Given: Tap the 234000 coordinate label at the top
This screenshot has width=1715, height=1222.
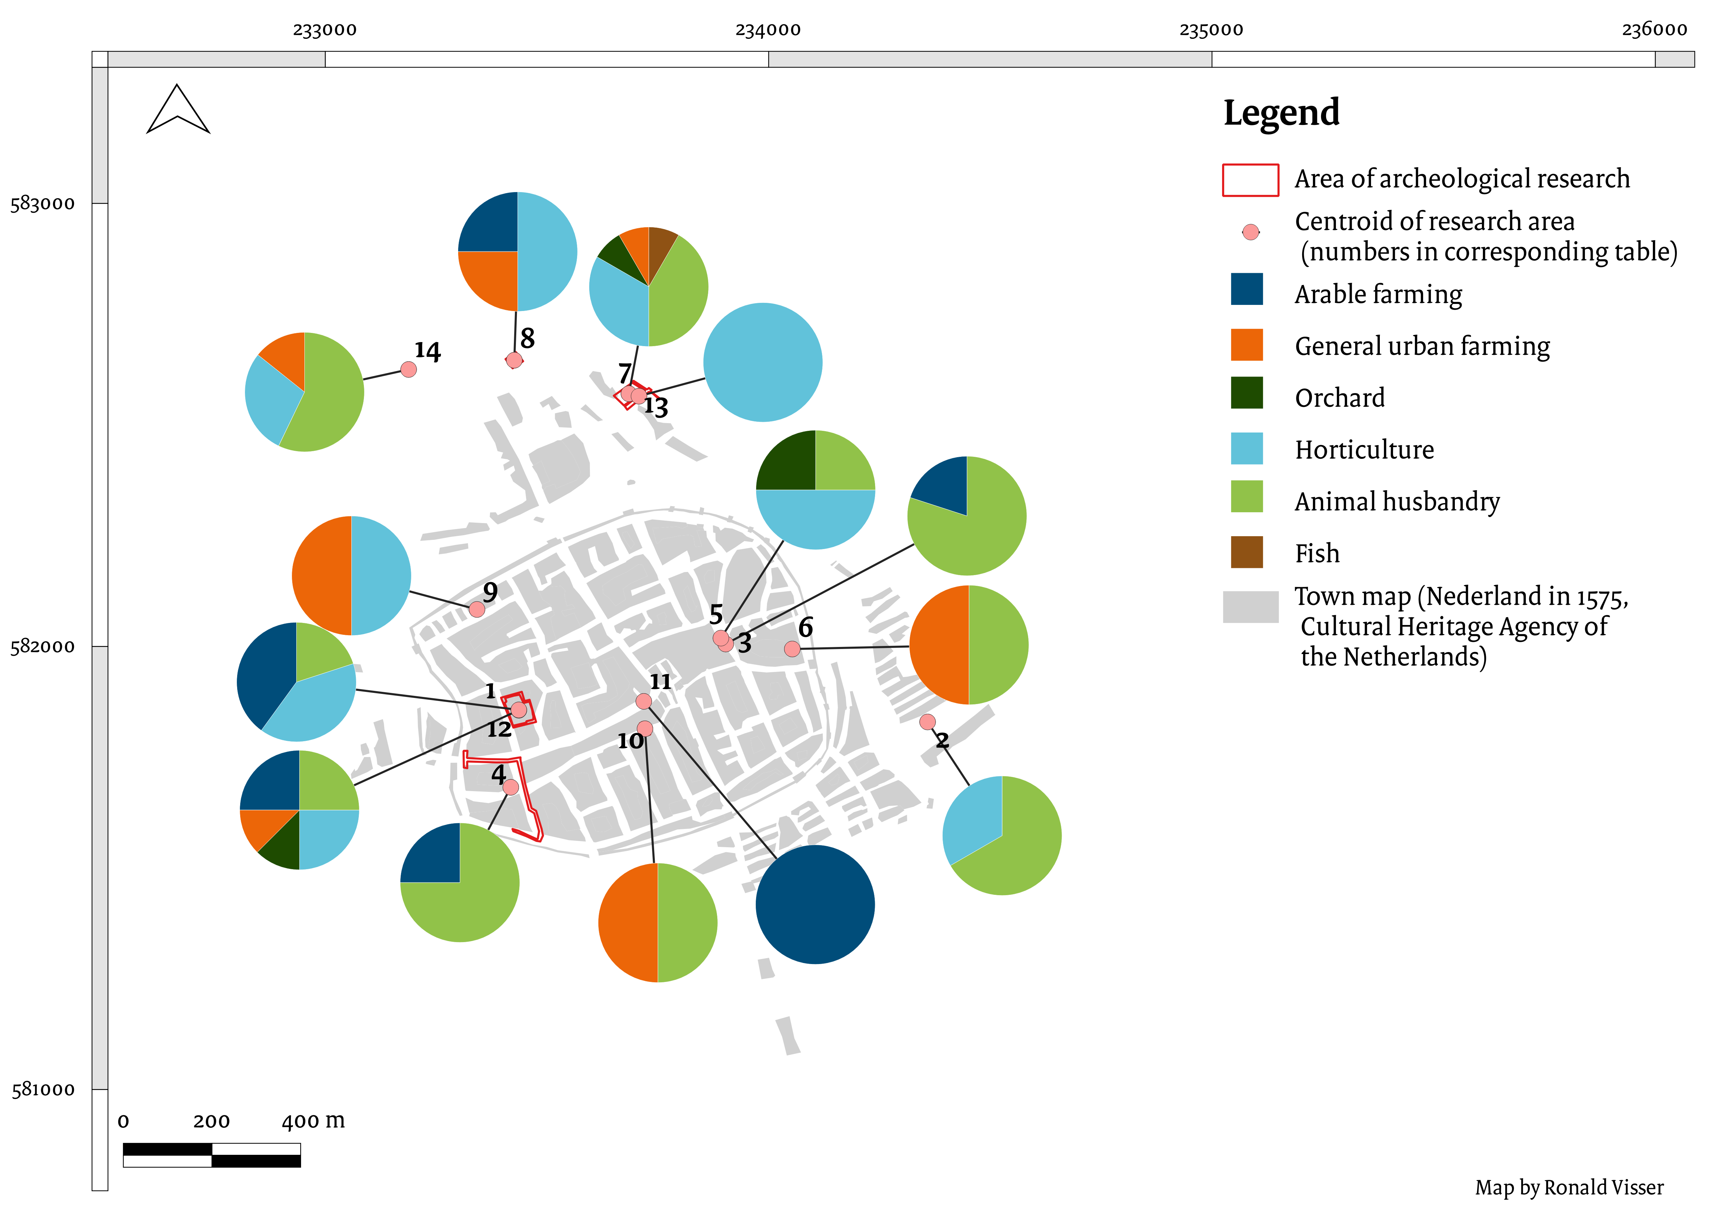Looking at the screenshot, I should coord(768,30).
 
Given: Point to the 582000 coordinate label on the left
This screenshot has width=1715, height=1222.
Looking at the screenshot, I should coord(43,646).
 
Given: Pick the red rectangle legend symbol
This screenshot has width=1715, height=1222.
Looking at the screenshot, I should coord(1250,180).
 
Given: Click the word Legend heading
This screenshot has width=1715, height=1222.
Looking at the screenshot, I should coord(1282,113).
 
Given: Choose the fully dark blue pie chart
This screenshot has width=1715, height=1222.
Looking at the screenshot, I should coord(815,905).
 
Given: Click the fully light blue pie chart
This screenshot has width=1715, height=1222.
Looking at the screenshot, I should coord(763,362).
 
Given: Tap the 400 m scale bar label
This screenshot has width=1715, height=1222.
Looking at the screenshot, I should coord(313,1121).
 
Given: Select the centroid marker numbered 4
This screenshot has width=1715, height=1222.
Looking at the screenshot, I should coord(511,787).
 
